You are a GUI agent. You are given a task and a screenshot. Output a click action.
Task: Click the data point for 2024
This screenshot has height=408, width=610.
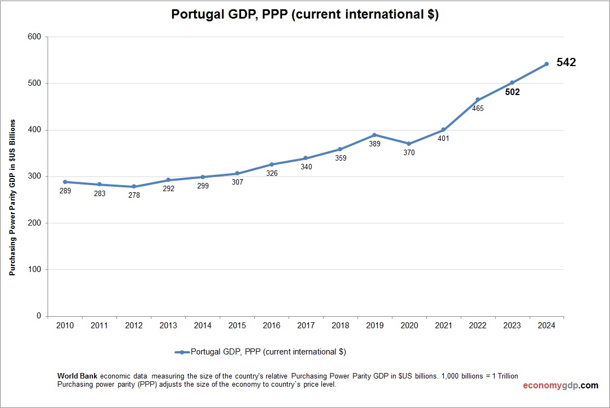click(x=546, y=64)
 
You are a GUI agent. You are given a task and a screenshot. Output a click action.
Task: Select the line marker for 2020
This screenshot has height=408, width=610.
click(x=409, y=144)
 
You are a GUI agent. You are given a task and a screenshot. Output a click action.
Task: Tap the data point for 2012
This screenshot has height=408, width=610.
click(x=134, y=187)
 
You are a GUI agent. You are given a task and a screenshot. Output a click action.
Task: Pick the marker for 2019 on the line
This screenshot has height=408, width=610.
click(x=374, y=135)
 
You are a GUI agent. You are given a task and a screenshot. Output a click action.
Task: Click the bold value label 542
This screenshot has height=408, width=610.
click(x=566, y=62)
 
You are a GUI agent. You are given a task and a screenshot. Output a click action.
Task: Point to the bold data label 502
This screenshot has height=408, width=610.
click(x=512, y=92)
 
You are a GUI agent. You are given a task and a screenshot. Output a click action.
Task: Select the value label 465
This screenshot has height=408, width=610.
click(x=478, y=108)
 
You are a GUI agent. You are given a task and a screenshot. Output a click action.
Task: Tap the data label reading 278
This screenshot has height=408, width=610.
click(x=134, y=195)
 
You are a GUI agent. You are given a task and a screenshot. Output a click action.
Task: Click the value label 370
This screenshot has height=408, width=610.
click(x=409, y=153)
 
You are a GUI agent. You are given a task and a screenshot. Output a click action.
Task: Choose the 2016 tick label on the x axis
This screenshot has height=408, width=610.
click(x=272, y=326)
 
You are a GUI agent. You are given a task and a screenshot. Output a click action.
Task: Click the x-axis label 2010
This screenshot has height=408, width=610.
click(x=65, y=326)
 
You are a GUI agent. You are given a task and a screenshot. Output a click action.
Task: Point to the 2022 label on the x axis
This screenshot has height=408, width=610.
click(x=478, y=326)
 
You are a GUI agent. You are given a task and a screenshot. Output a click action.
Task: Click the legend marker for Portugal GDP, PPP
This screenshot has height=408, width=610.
click(x=181, y=352)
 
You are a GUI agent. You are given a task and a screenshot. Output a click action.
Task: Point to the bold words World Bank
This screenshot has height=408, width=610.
click(x=78, y=376)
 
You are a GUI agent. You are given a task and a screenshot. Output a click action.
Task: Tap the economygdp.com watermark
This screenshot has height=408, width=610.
click(x=560, y=385)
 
